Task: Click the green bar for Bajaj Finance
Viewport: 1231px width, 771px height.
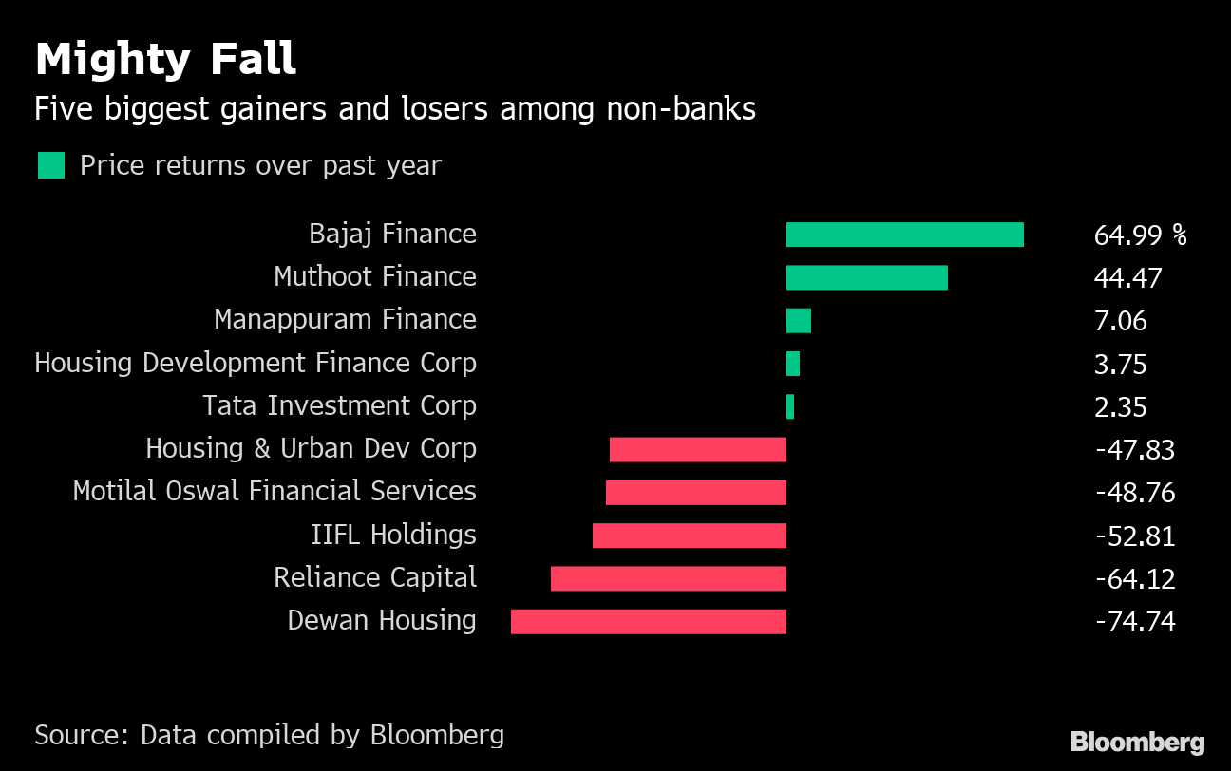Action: [904, 235]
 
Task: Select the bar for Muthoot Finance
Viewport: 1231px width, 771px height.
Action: [866, 277]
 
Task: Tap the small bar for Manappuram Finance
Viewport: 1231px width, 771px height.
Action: [798, 321]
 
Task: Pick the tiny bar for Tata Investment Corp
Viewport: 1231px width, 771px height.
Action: [789, 406]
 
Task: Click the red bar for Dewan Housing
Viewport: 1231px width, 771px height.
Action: [648, 622]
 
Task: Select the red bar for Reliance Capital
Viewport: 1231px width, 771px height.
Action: [668, 578]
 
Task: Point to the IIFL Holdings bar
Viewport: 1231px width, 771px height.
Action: [689, 536]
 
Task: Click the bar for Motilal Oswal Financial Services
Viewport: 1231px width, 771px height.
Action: [695, 492]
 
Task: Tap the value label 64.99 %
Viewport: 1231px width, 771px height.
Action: [1140, 235]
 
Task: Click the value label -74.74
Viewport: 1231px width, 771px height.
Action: [1135, 622]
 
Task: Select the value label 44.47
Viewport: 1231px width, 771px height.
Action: [1127, 277]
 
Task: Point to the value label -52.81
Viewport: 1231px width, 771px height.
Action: [1135, 536]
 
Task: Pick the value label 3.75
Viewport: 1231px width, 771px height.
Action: [1120, 364]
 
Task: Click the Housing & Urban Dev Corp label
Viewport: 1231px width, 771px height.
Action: [311, 448]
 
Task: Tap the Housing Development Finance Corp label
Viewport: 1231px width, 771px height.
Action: [255, 363]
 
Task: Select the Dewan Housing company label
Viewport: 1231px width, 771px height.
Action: [382, 620]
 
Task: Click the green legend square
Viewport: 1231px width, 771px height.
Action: [51, 165]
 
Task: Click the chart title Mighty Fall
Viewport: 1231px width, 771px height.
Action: [165, 59]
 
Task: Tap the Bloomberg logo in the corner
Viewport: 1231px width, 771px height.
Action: [1137, 742]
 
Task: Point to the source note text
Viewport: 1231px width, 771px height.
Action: [269, 734]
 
